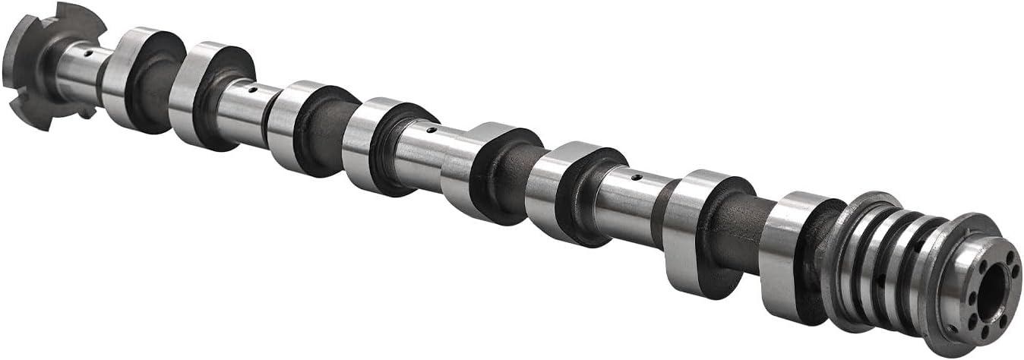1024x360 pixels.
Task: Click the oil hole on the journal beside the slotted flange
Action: [89, 54]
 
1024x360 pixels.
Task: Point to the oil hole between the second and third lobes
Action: [252, 90]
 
